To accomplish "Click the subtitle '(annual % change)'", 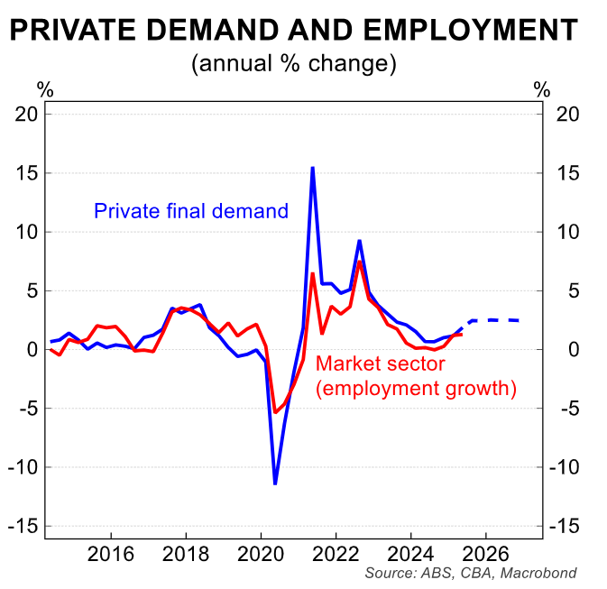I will coord(293,64).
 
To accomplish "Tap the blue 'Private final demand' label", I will coord(191,211).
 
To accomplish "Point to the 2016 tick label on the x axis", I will coord(111,552).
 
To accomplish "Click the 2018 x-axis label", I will coord(186,552).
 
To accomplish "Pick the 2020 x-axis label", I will coord(261,552).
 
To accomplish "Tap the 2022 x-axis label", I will coord(336,552).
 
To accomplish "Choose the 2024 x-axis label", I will coord(410,552).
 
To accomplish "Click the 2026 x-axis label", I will coord(485,552).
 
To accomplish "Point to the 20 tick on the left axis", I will coord(28,114).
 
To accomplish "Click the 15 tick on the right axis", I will coord(566,172).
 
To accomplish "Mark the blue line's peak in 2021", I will coord(312,168).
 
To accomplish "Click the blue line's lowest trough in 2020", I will coord(275,483).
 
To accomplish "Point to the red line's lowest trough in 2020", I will coord(275,412).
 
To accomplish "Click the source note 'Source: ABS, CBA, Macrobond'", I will coord(470,573).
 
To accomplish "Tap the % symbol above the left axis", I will coord(44,89).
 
